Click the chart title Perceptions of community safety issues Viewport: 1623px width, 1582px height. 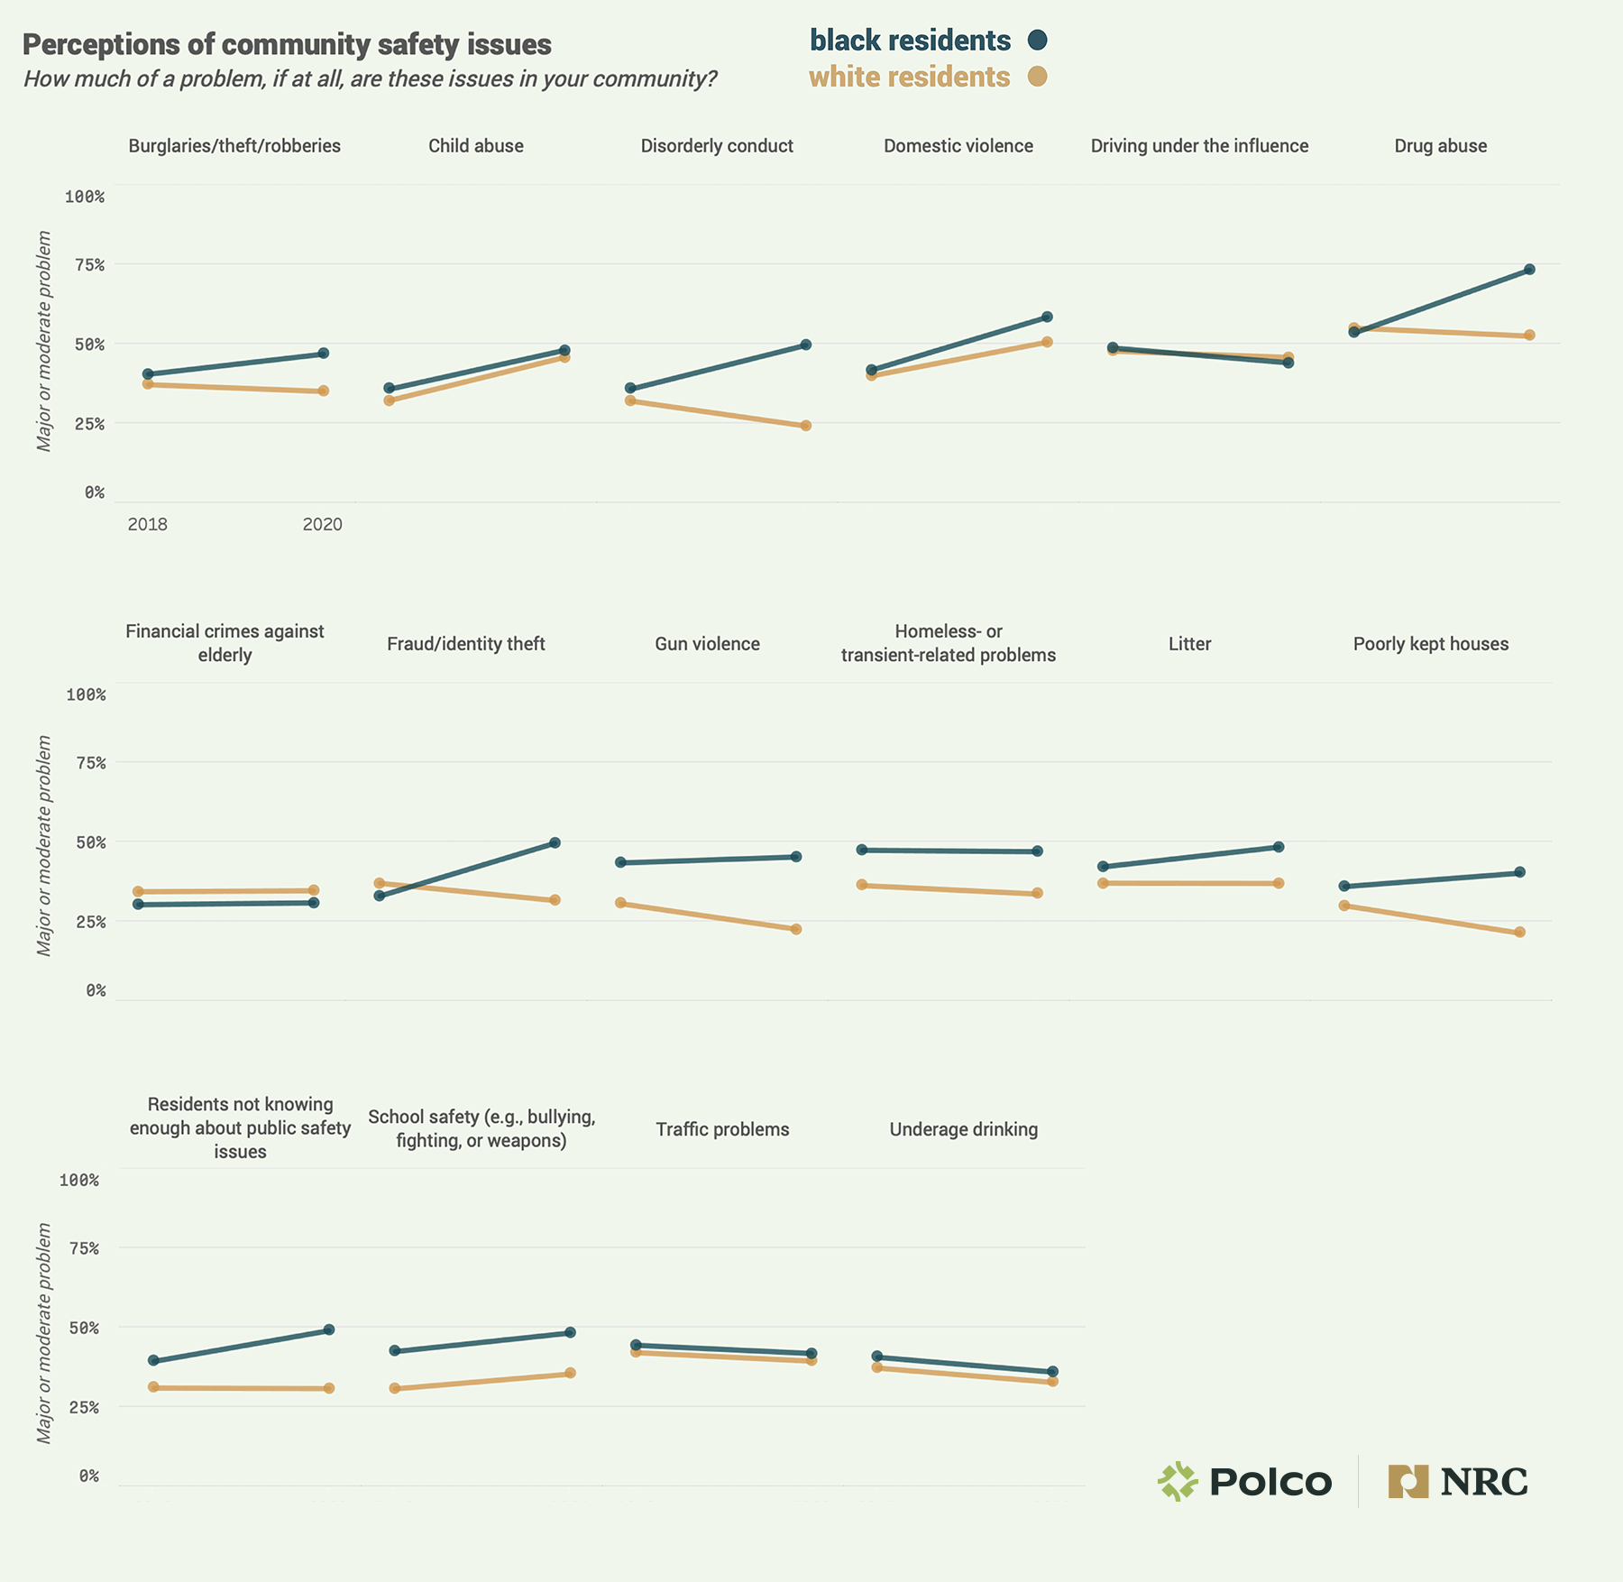point(287,45)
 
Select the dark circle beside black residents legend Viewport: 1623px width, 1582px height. point(1038,40)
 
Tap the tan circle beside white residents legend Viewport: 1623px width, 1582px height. point(1038,77)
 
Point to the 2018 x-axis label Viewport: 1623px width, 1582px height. point(147,524)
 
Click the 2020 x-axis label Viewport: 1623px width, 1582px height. point(322,524)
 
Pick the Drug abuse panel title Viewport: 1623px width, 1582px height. point(1440,146)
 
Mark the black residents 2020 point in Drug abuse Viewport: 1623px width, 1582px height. point(1529,270)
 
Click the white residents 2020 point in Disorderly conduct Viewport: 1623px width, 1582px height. point(806,426)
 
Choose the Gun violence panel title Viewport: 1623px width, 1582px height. point(707,644)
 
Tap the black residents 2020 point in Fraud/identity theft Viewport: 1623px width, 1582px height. point(555,842)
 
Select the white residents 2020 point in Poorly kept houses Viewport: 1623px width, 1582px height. point(1519,932)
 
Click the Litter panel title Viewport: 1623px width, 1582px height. point(1189,644)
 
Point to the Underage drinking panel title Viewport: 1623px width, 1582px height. point(963,1129)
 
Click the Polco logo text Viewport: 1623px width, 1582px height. point(1270,1482)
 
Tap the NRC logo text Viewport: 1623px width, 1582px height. point(1484,1482)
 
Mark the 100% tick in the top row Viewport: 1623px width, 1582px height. point(85,197)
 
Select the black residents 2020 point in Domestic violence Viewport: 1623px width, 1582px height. point(1047,317)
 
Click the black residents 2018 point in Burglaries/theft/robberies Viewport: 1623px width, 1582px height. point(148,374)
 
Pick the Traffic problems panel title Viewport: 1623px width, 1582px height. point(722,1129)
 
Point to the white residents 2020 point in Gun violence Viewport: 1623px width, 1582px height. point(796,929)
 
